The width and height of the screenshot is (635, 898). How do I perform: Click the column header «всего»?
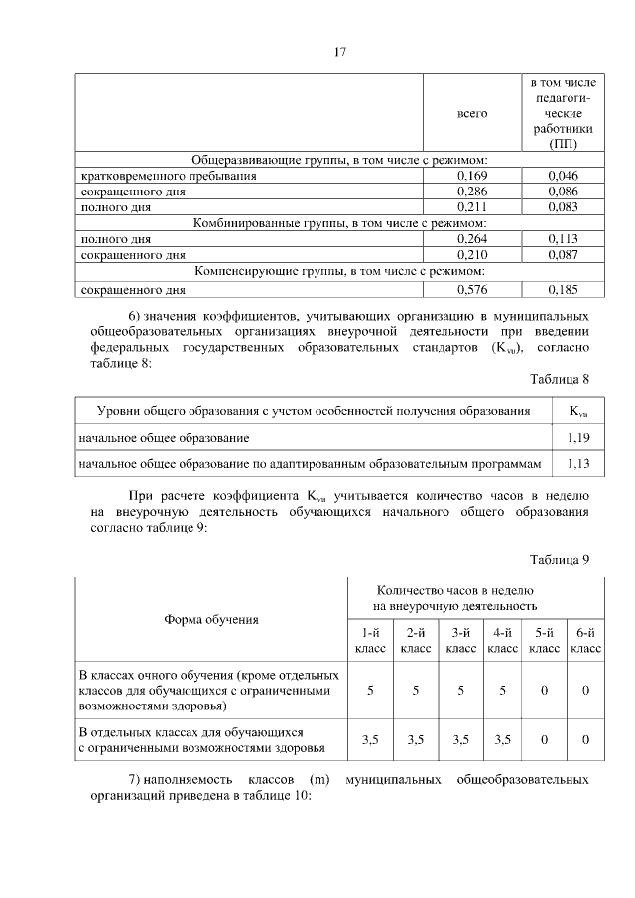click(x=471, y=114)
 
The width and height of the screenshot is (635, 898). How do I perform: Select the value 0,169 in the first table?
click(x=471, y=176)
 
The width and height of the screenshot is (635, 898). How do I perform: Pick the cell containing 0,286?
click(x=471, y=192)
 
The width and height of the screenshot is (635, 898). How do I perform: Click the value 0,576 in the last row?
click(x=471, y=290)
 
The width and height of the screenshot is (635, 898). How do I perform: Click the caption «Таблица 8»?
click(x=560, y=379)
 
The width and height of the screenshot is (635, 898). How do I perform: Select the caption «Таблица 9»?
click(x=560, y=559)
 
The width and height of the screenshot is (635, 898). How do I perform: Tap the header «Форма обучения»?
click(x=210, y=620)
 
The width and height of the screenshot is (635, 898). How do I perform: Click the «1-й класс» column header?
click(x=369, y=640)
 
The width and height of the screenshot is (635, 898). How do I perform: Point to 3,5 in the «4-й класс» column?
click(x=503, y=739)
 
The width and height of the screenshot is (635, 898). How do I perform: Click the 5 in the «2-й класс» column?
click(x=415, y=690)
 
